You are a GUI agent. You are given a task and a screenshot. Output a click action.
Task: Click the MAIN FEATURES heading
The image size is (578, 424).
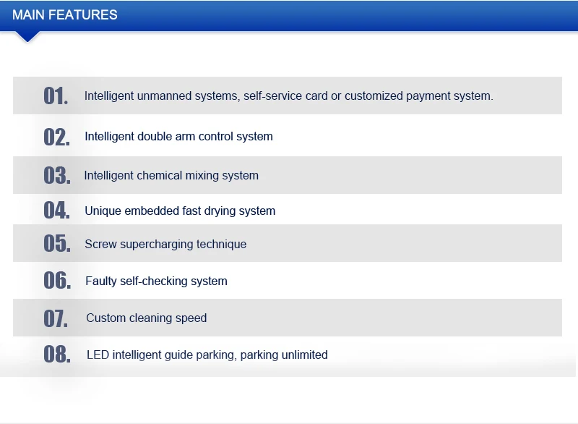[x=65, y=15]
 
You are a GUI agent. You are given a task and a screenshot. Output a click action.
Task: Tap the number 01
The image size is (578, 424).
[x=56, y=96]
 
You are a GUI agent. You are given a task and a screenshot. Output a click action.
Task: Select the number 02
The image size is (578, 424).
[x=56, y=137]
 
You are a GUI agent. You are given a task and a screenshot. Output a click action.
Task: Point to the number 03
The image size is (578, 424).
[x=57, y=175]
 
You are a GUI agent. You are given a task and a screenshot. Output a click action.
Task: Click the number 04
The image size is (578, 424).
[x=56, y=211]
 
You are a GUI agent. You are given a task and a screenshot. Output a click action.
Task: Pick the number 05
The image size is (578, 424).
[x=57, y=244]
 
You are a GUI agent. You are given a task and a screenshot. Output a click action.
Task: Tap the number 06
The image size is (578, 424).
[x=57, y=281]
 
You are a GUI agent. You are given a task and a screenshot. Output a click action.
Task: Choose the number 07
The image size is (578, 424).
[x=56, y=318]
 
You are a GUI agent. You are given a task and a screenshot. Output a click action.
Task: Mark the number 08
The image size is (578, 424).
[x=57, y=355]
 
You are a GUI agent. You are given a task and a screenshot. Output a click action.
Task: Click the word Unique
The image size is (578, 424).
[x=103, y=211]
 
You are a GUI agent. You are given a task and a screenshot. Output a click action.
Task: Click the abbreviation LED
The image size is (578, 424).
[x=98, y=355]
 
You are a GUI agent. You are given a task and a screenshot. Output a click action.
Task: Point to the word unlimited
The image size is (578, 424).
[x=304, y=355]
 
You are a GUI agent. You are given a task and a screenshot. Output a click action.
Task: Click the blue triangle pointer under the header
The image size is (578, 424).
[x=27, y=36]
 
